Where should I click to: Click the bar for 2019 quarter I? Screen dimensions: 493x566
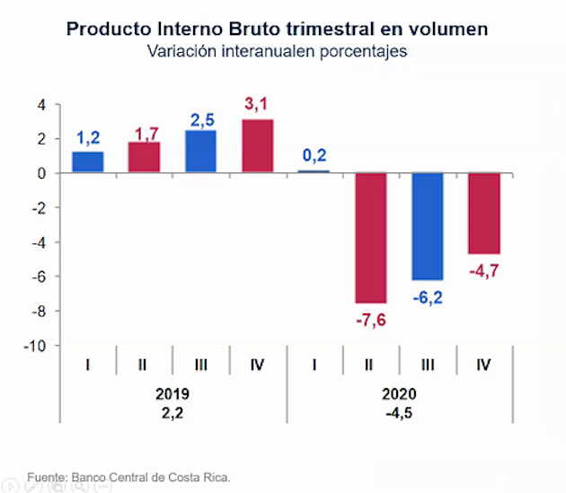(87, 163)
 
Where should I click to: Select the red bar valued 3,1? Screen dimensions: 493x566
(258, 146)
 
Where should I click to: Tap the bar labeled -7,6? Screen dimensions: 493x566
(371, 238)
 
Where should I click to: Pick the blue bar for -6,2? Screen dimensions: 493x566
(428, 226)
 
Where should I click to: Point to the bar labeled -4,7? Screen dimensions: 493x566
(484, 214)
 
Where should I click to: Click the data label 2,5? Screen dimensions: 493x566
(201, 119)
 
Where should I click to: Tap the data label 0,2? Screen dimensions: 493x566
(314, 155)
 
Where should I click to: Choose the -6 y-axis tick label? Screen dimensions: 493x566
(39, 277)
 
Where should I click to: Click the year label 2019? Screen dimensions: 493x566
(172, 393)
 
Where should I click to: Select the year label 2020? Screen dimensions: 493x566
(399, 393)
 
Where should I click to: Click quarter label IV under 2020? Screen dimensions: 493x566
(484, 365)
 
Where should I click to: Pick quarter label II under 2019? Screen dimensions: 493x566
(144, 365)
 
